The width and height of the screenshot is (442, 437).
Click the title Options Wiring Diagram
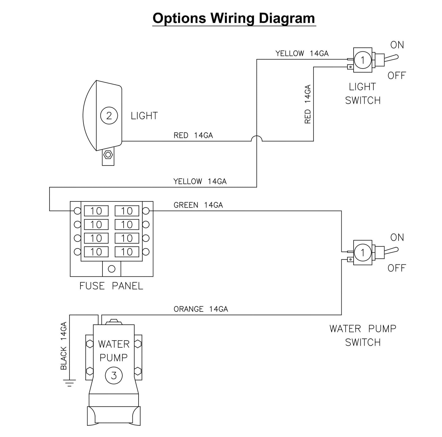point(234,18)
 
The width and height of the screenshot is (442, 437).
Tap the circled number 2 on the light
point(109,116)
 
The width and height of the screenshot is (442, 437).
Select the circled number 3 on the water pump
point(114,375)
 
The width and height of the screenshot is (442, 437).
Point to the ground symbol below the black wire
point(70,383)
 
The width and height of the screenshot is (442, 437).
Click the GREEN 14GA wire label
point(198,205)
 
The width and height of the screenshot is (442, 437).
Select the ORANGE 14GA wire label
point(201,309)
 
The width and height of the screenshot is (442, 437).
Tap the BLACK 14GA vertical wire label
point(64,346)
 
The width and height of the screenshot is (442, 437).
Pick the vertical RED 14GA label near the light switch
point(308,104)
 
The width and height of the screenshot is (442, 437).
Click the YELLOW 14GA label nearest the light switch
point(302,54)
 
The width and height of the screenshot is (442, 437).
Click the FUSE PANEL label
point(111,286)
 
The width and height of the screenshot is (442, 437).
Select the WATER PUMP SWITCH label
point(363,335)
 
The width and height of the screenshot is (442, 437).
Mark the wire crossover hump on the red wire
point(257,138)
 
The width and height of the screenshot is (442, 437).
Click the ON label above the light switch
point(397,45)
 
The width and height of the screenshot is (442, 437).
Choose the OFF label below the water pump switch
point(396,268)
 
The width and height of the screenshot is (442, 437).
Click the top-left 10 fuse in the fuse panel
point(96,211)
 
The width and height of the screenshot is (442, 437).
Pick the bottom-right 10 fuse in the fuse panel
point(127,252)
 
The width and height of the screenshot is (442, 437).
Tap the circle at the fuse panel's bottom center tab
point(112,269)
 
